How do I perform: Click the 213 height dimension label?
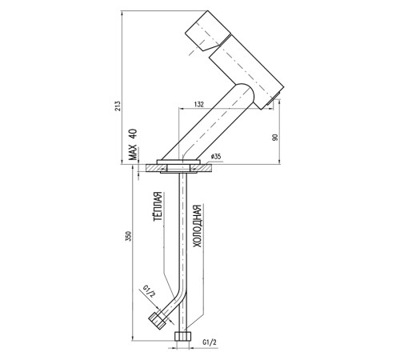coord(118,106)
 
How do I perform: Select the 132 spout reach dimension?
coord(198,104)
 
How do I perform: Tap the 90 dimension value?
coord(275,138)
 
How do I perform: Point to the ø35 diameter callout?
coord(216,156)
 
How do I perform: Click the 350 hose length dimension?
coord(129,236)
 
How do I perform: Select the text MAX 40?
coord(133,145)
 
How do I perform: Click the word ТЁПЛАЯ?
coord(158,206)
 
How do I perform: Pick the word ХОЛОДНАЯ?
coord(197,226)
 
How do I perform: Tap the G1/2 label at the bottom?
coord(210,342)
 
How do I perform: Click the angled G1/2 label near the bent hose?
coord(149,291)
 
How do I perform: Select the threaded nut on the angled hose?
coord(158,321)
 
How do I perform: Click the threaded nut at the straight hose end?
coord(183,336)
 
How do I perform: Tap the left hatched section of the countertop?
coord(156,168)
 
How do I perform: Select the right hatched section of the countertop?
coord(202,168)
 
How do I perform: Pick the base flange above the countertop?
coord(178,162)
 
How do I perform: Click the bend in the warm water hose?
coord(179,297)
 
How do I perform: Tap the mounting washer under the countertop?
coord(178,173)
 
